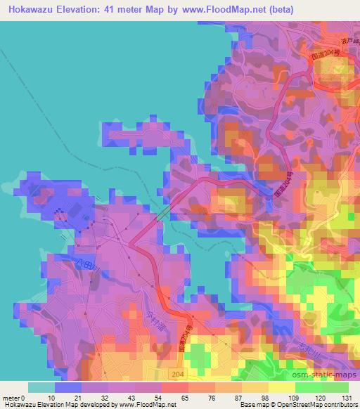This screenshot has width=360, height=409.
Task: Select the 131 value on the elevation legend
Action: tap(347, 398)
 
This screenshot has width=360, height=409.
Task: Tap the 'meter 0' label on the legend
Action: tap(13, 398)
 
